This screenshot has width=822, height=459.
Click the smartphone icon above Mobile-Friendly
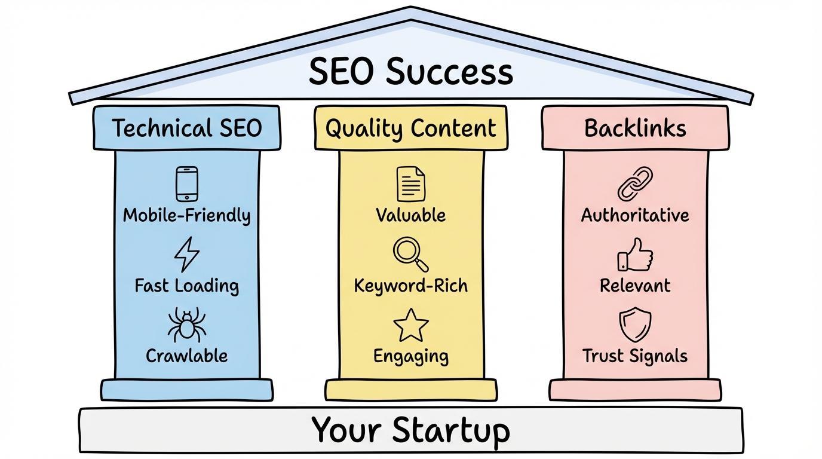[x=187, y=183]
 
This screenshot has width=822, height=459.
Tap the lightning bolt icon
[x=186, y=254]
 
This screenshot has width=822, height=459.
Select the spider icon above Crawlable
[x=186, y=325]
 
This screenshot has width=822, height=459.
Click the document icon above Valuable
[x=411, y=184]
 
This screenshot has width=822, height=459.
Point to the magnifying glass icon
[x=410, y=254]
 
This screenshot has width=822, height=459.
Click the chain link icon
[x=635, y=184]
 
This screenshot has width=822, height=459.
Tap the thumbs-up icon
[x=635, y=255]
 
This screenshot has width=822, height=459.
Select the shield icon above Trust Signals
[x=635, y=325]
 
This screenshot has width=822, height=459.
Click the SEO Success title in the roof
[x=411, y=72]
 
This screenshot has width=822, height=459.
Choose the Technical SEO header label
[x=187, y=128]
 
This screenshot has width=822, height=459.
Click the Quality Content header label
[x=411, y=128]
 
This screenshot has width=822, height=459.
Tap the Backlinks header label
[x=635, y=128]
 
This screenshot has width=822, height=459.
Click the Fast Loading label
[x=187, y=286]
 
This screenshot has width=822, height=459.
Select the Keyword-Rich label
[x=411, y=286]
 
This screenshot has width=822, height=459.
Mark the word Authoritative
[x=635, y=215]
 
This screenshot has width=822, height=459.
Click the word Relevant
[x=635, y=286]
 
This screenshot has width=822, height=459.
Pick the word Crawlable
[x=187, y=356]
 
